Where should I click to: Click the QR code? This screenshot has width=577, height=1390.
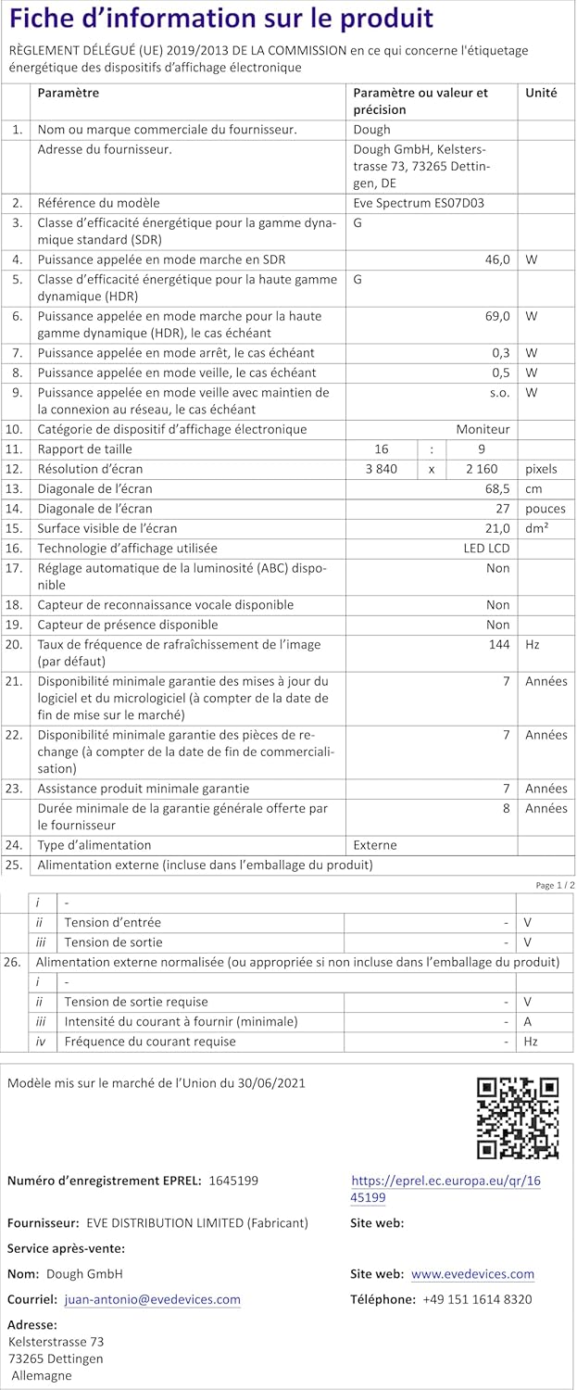(x=518, y=1118)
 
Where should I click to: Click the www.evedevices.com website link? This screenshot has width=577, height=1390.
(x=472, y=1274)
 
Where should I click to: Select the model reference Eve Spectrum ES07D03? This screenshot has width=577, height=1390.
(x=419, y=203)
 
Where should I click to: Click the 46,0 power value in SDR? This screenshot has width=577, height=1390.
(x=497, y=259)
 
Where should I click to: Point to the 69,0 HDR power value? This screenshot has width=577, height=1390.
(x=497, y=316)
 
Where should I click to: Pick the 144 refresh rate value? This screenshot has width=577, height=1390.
(x=499, y=643)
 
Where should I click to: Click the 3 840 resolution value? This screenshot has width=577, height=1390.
(x=382, y=469)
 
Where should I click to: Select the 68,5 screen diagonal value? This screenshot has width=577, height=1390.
(x=497, y=488)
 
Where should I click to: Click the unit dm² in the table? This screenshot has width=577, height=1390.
(x=536, y=528)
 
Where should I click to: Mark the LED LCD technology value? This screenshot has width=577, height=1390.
(x=486, y=548)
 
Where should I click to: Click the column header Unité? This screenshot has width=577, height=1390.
(x=541, y=93)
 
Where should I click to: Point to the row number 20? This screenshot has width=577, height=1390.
(x=14, y=643)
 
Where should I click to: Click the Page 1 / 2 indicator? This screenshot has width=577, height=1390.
(x=555, y=885)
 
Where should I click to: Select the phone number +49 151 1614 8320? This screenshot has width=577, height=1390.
(x=477, y=1299)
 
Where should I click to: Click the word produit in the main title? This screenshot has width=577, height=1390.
(x=381, y=19)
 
